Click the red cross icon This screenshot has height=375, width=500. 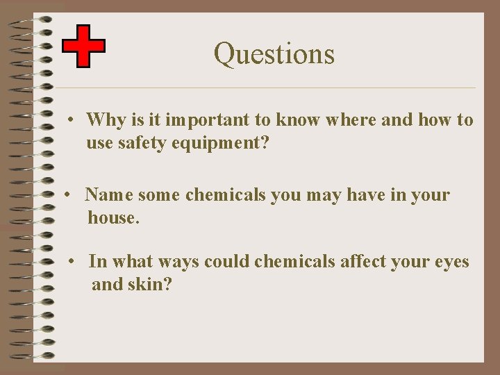coord(83,46)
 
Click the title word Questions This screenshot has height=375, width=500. coord(274,53)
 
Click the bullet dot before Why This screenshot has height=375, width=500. coord(72,121)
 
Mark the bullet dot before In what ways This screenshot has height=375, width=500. coord(72,262)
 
